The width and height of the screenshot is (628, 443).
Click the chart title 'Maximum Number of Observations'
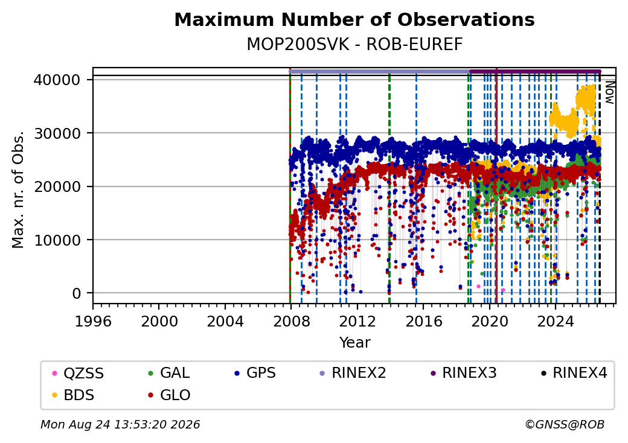(x=354, y=19)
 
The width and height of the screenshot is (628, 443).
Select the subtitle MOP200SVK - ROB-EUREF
(x=354, y=44)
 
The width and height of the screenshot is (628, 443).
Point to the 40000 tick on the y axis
(x=57, y=80)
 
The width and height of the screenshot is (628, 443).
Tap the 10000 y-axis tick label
(x=57, y=240)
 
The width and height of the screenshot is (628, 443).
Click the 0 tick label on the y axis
(x=77, y=294)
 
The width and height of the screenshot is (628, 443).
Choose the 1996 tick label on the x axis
(x=94, y=321)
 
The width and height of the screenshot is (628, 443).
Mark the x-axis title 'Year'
(x=355, y=343)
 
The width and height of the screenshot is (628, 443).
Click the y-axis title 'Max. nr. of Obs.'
(x=18, y=190)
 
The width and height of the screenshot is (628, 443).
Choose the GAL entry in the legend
(x=169, y=373)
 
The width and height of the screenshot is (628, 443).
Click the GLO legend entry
(x=169, y=395)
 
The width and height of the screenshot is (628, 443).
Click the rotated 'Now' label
(x=609, y=92)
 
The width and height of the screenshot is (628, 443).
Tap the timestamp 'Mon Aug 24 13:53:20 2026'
(x=120, y=424)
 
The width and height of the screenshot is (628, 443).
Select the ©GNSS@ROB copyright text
(x=565, y=424)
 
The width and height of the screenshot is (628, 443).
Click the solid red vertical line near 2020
(x=496, y=186)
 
